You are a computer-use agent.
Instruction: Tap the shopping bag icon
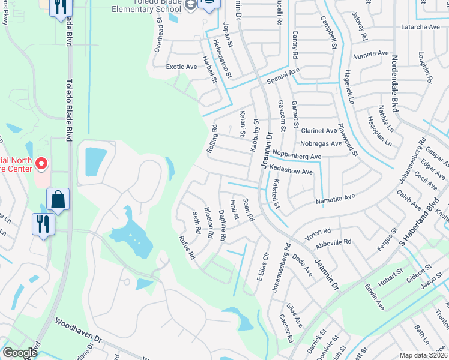[58, 199]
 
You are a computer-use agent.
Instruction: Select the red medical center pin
[41, 163]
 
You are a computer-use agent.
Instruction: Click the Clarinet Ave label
[319, 130]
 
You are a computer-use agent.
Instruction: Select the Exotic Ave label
[181, 67]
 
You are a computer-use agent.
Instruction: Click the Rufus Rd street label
[187, 247]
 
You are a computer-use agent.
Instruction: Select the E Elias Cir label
[261, 271]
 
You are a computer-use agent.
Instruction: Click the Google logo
[20, 353]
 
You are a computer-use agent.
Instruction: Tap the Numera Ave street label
[372, 53]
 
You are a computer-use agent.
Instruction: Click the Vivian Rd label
[318, 231]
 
